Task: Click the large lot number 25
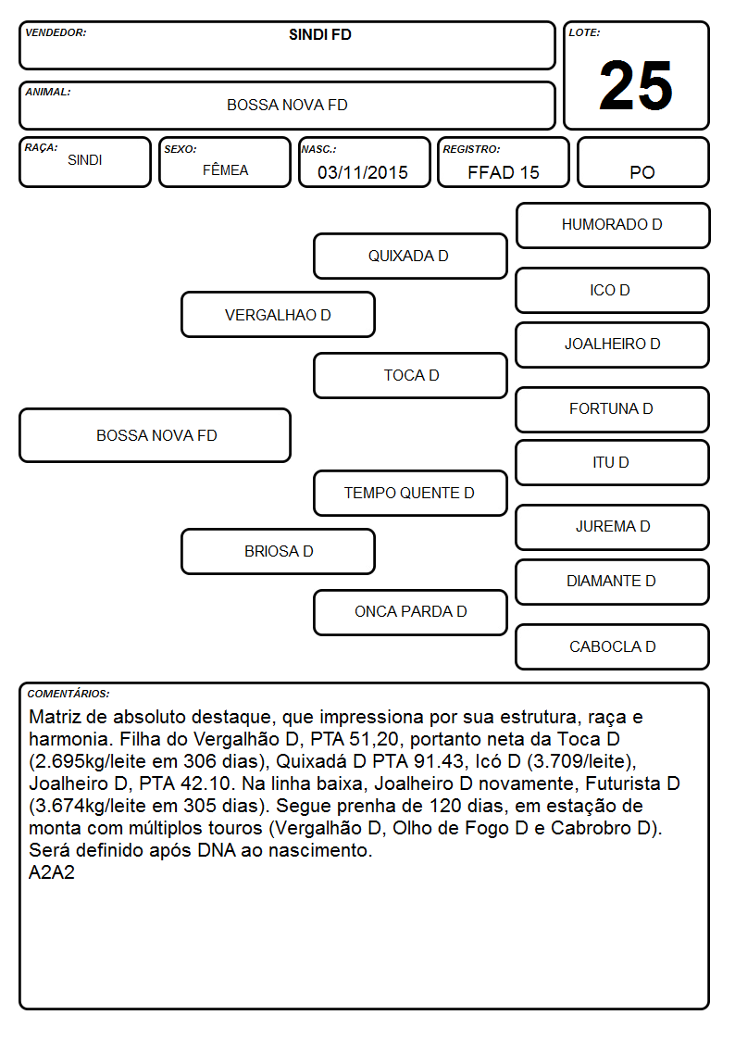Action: click(636, 85)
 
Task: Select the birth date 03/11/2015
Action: click(363, 172)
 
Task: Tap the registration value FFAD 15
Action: click(504, 172)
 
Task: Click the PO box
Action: click(642, 162)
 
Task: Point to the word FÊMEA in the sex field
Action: click(225, 169)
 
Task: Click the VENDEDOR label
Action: click(56, 32)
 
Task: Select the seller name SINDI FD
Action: click(320, 34)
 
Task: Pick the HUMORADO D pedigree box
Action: click(613, 226)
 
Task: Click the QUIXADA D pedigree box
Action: click(410, 256)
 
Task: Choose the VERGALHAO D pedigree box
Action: click(278, 315)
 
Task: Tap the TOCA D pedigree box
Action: click(410, 375)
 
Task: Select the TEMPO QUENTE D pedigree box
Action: click(410, 493)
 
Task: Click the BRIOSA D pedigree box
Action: click(278, 551)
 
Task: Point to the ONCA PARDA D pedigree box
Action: click(410, 612)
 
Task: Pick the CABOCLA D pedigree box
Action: click(613, 646)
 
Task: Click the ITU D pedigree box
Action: click(613, 463)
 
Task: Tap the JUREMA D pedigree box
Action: click(613, 527)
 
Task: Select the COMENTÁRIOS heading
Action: click(69, 694)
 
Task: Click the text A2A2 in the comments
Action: click(52, 872)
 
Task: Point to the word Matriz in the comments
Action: click(55, 717)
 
